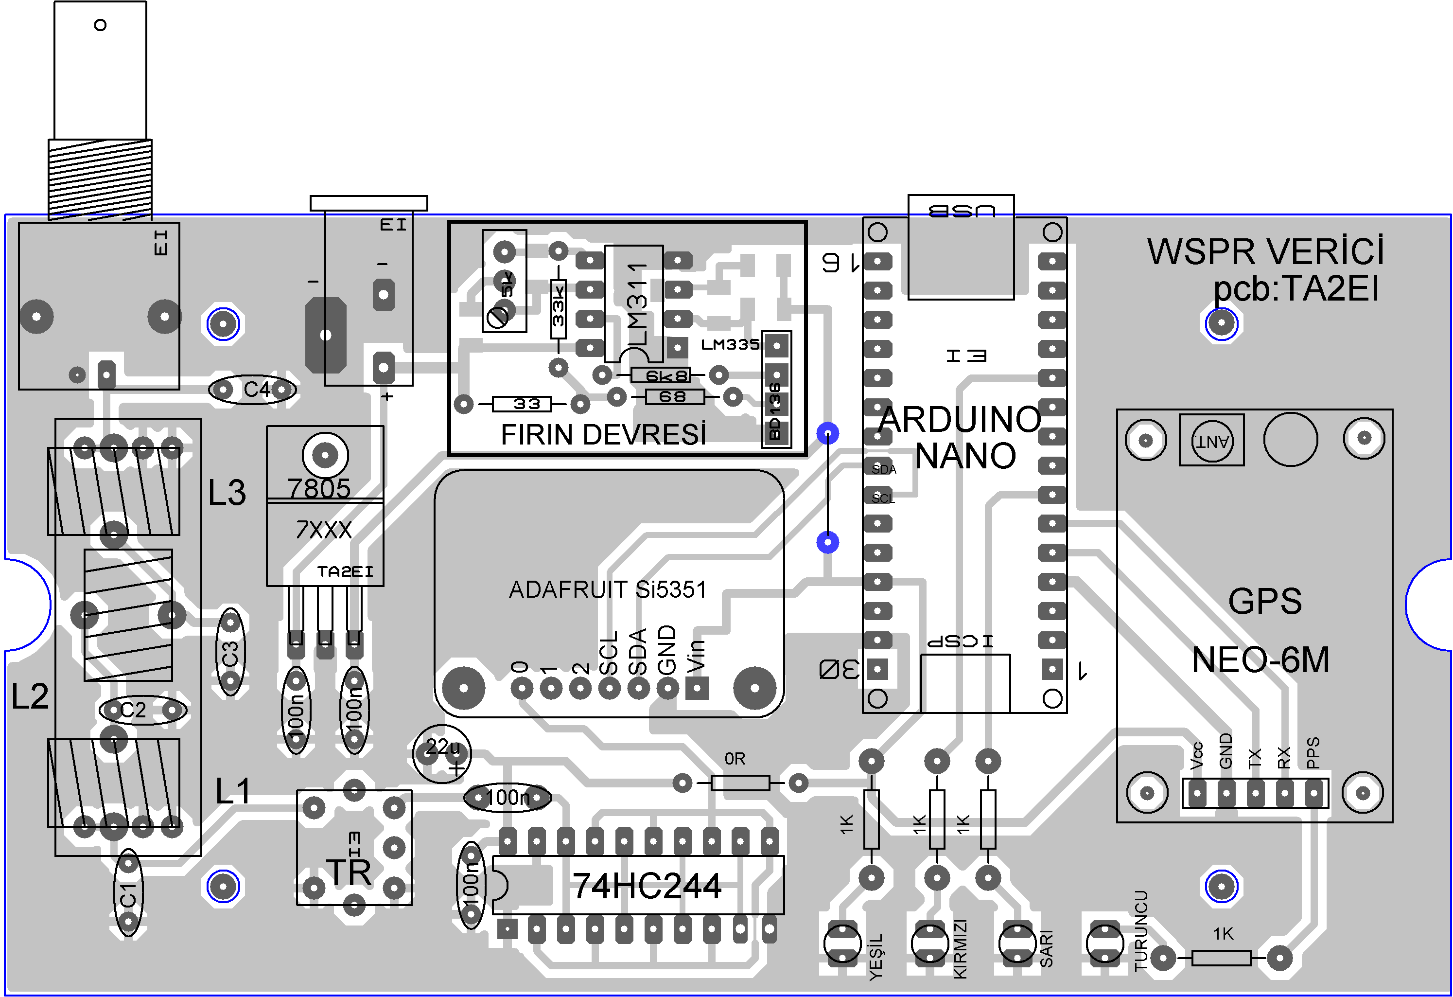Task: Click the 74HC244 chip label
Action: point(647,886)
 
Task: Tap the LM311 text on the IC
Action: point(636,304)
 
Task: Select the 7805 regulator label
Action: point(319,488)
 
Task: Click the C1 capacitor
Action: point(128,893)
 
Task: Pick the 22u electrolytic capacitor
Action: point(442,752)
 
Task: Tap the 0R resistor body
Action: point(740,783)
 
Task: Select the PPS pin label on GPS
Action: point(1313,752)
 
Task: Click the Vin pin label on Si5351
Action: point(696,655)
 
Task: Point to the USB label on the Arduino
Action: point(962,211)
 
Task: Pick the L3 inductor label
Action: point(227,493)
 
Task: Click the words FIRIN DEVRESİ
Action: point(603,435)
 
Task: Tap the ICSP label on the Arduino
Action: point(961,641)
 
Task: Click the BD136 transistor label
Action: point(775,411)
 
